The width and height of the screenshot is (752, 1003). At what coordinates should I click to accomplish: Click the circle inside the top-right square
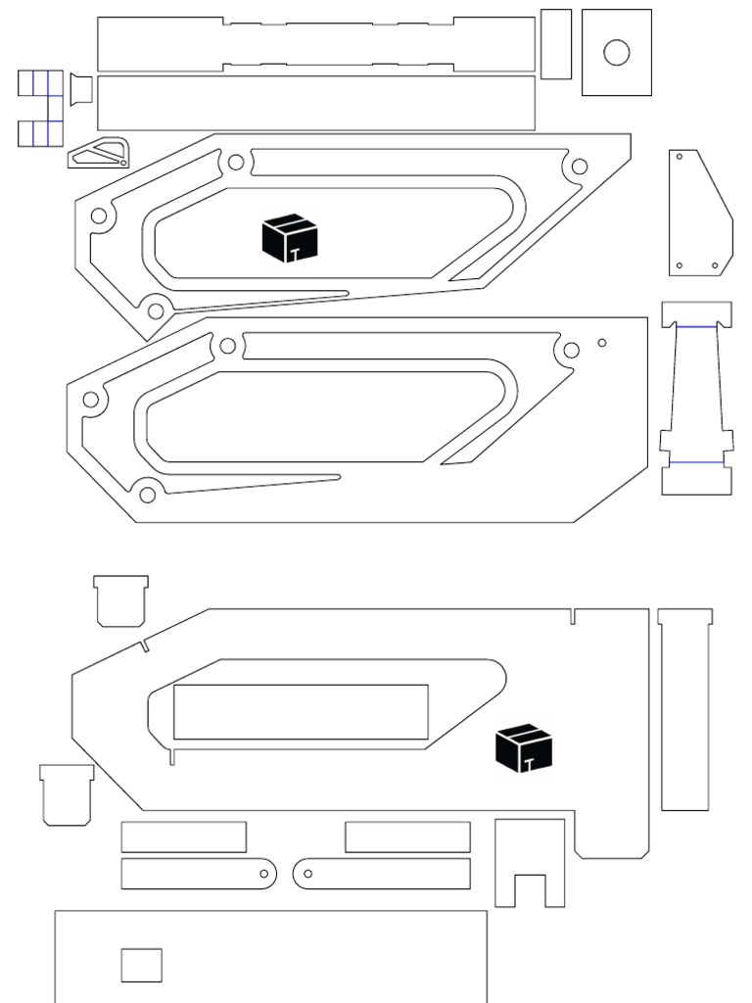tap(616, 52)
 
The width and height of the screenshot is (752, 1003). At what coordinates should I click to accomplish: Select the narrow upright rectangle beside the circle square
tap(556, 44)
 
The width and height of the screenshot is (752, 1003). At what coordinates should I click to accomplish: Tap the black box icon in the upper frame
tap(291, 239)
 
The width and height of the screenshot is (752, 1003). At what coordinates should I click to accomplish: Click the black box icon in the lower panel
tap(524, 748)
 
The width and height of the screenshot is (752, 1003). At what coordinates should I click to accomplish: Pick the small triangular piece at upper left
tap(98, 154)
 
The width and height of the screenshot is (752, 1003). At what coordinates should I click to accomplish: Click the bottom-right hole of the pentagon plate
tap(715, 265)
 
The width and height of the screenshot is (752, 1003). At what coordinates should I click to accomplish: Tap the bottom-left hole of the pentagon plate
tap(680, 265)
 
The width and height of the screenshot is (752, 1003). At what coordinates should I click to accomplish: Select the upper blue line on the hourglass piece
tap(696, 326)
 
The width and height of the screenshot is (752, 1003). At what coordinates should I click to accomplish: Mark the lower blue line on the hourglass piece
tap(696, 461)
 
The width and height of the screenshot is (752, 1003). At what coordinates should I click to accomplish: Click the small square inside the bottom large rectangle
tap(141, 965)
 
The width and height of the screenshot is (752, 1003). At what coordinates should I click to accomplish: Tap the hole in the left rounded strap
tap(265, 873)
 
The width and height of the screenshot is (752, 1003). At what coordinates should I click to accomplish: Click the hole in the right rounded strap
tap(307, 873)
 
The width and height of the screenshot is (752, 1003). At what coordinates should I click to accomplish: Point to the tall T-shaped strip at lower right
tap(684, 710)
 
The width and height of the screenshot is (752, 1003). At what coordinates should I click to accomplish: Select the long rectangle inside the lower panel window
tap(301, 712)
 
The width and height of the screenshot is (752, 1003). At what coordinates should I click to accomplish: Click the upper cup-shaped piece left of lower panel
tap(121, 600)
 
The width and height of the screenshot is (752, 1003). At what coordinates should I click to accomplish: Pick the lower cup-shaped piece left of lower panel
tap(67, 794)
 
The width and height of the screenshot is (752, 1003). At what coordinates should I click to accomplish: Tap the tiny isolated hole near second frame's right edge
tap(602, 343)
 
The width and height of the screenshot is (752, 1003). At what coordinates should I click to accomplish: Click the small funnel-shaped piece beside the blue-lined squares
tap(80, 89)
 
